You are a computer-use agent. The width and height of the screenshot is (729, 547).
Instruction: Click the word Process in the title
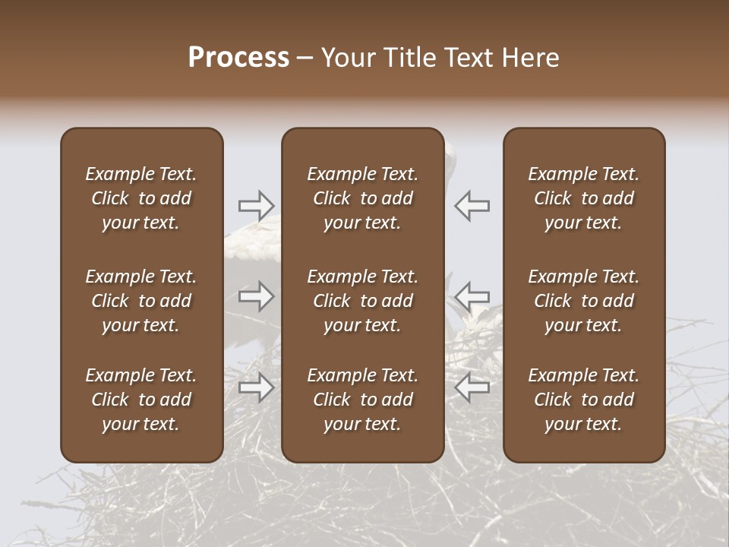238,58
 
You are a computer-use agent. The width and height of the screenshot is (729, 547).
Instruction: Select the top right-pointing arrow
256,205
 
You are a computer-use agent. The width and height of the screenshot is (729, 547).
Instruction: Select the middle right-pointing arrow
256,296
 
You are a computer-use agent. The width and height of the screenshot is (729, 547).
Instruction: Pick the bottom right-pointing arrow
256,387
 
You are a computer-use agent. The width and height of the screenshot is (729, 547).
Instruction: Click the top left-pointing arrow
472,205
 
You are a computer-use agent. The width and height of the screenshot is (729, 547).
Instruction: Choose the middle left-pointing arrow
472,296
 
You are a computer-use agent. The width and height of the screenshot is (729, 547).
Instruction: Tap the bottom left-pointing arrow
472,387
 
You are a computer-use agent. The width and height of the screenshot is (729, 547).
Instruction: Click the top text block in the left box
141,198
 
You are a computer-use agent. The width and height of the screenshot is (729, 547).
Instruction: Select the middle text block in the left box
141,301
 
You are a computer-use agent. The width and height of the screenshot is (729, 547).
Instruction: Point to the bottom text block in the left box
141,400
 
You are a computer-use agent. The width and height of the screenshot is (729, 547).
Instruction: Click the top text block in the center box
362,198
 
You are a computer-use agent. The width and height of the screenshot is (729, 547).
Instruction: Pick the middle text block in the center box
362,301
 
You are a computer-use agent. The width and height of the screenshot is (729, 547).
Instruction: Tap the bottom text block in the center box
362,400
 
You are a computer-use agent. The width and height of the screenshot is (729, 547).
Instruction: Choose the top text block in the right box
583,198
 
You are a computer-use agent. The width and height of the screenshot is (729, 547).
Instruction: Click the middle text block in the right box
583,301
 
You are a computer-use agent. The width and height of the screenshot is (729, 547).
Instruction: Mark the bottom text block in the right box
583,400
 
